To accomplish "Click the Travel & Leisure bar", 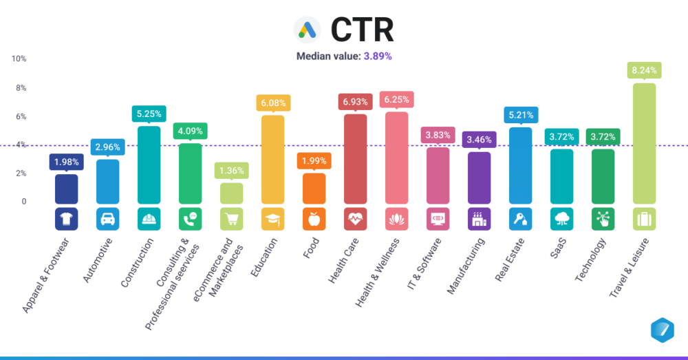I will pyautogui.click(x=644, y=144).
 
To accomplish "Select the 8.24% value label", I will pyautogui.click(x=644, y=70).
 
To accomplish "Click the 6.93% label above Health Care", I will pyautogui.click(x=356, y=102).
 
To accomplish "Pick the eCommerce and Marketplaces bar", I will pyautogui.click(x=232, y=193).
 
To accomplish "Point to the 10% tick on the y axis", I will pyautogui.click(x=19, y=59).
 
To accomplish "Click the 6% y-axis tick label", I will pyautogui.click(x=21, y=116).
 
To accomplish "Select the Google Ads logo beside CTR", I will pyautogui.click(x=308, y=29).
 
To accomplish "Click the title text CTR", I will pyautogui.click(x=362, y=29).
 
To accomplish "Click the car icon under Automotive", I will pyautogui.click(x=108, y=219).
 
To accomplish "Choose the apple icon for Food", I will pyautogui.click(x=314, y=219).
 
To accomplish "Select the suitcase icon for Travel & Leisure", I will pyautogui.click(x=644, y=219).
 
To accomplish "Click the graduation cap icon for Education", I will pyautogui.click(x=273, y=219).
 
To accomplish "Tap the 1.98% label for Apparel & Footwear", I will pyautogui.click(x=67, y=162).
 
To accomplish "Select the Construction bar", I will pyautogui.click(x=149, y=165).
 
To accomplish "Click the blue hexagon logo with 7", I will pyautogui.click(x=662, y=330).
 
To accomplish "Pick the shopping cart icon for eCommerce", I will pyautogui.click(x=232, y=219).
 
